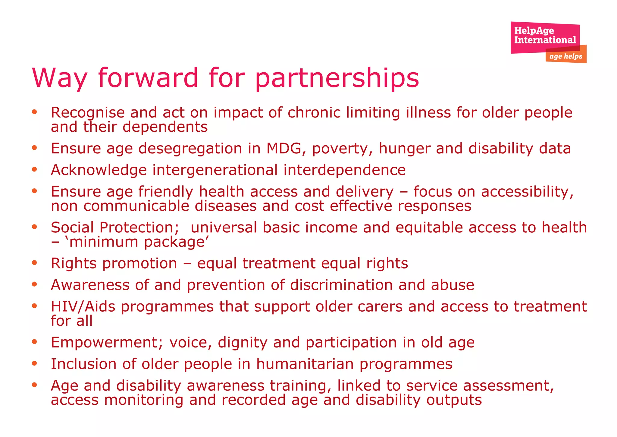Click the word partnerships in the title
337,78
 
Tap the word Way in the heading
59,78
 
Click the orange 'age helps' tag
566,56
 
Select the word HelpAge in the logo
534,30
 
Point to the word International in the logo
545,40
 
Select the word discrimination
341,285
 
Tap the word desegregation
190,149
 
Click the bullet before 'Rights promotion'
35,263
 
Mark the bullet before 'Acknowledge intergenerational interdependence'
35,169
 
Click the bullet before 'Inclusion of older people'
35,363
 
